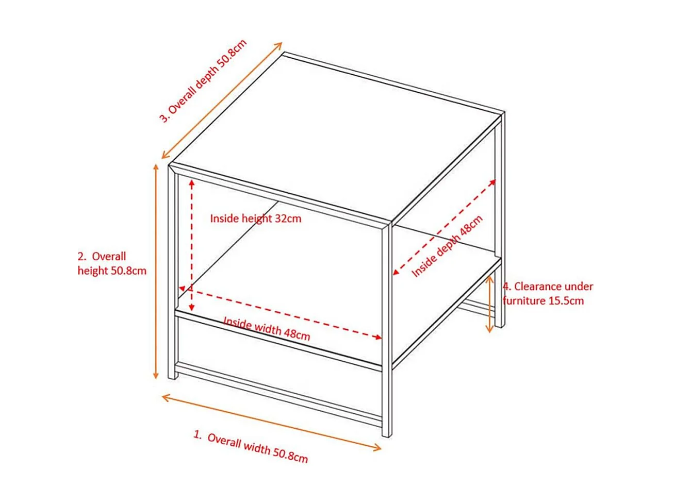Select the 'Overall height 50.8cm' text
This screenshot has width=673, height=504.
point(112,263)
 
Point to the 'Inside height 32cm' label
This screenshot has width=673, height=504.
point(255,219)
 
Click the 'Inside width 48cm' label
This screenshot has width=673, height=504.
point(267,329)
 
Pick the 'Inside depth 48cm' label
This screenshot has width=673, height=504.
point(447,246)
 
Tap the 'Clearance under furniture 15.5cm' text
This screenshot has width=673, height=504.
point(548,293)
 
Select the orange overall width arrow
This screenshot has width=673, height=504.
point(271,423)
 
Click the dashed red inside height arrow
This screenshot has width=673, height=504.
point(191,245)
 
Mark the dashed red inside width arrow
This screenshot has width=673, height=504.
point(281,313)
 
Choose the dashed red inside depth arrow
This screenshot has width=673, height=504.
point(444,227)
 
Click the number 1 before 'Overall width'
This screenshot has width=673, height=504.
point(196,434)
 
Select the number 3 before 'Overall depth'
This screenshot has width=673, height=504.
point(164,118)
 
